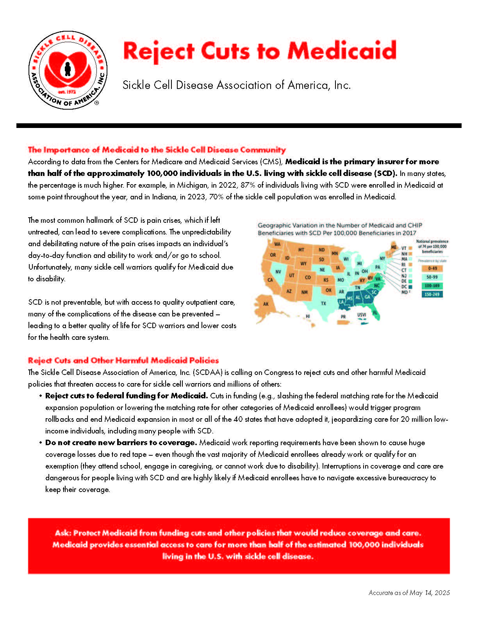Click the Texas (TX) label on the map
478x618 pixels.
click(x=323, y=303)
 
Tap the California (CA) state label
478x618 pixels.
click(x=270, y=280)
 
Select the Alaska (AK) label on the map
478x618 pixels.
click(x=266, y=304)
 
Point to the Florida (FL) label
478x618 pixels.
click(x=375, y=313)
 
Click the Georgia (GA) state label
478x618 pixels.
click(x=367, y=297)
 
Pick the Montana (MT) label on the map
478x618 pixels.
click(x=301, y=250)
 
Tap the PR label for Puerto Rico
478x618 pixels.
click(x=343, y=317)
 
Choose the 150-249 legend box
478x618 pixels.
click(x=432, y=294)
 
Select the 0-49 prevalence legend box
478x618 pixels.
click(x=432, y=268)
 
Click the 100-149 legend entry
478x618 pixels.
click(x=432, y=286)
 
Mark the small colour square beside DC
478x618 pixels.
click(x=410, y=287)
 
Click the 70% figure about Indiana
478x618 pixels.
click(x=216, y=197)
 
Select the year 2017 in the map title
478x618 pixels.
click(x=409, y=233)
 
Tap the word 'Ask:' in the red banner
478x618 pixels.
click(x=63, y=533)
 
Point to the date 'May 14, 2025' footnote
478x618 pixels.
click(x=429, y=593)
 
